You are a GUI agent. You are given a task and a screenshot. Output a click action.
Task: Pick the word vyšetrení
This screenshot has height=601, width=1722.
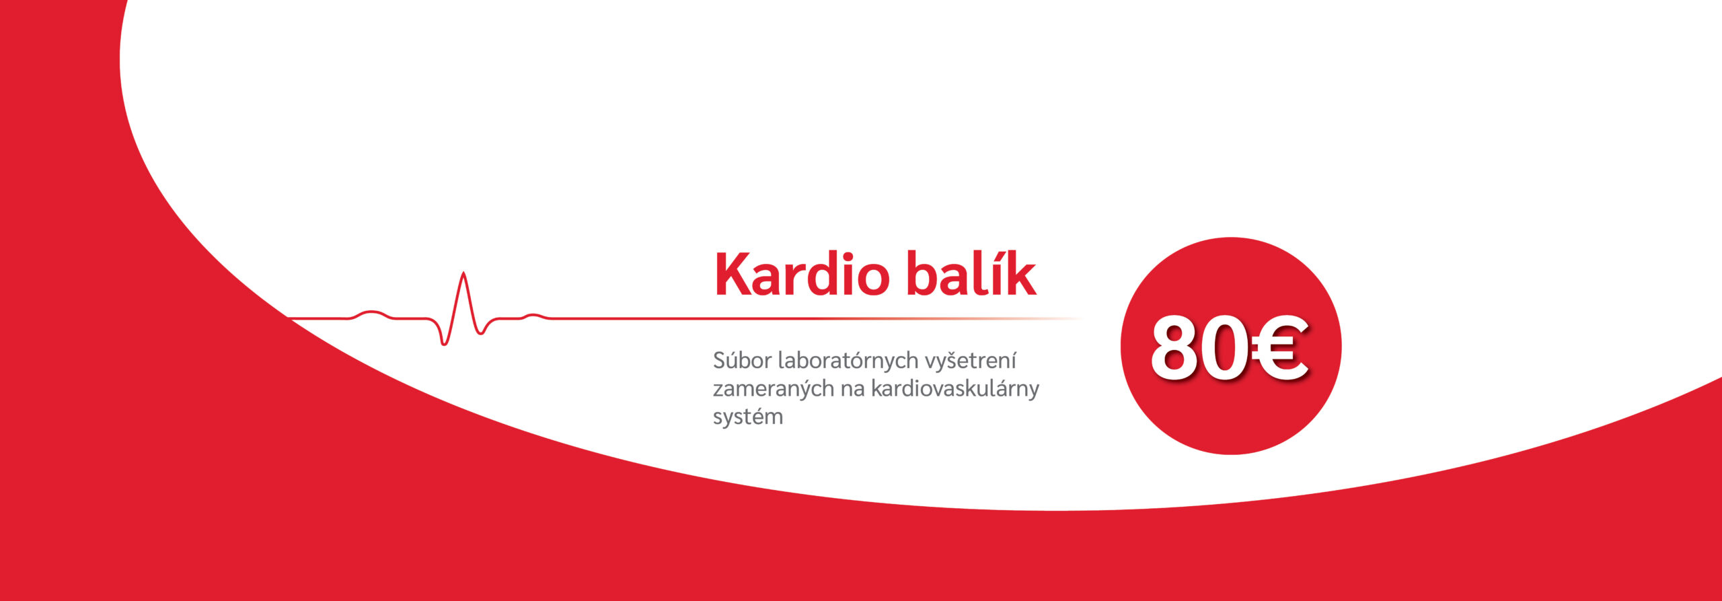[970, 361]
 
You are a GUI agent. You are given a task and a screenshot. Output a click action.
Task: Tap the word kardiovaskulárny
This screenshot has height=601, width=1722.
[955, 389]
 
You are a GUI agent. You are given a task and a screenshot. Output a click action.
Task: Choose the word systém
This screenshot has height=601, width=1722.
[748, 417]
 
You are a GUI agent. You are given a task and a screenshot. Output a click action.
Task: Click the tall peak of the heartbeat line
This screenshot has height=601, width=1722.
[463, 273]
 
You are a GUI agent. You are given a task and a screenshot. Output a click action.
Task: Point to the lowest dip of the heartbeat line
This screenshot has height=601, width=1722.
[444, 344]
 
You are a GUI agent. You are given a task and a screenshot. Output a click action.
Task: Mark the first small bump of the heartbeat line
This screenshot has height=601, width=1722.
[371, 312]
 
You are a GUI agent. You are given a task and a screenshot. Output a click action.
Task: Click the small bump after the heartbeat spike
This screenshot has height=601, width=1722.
[535, 315]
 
